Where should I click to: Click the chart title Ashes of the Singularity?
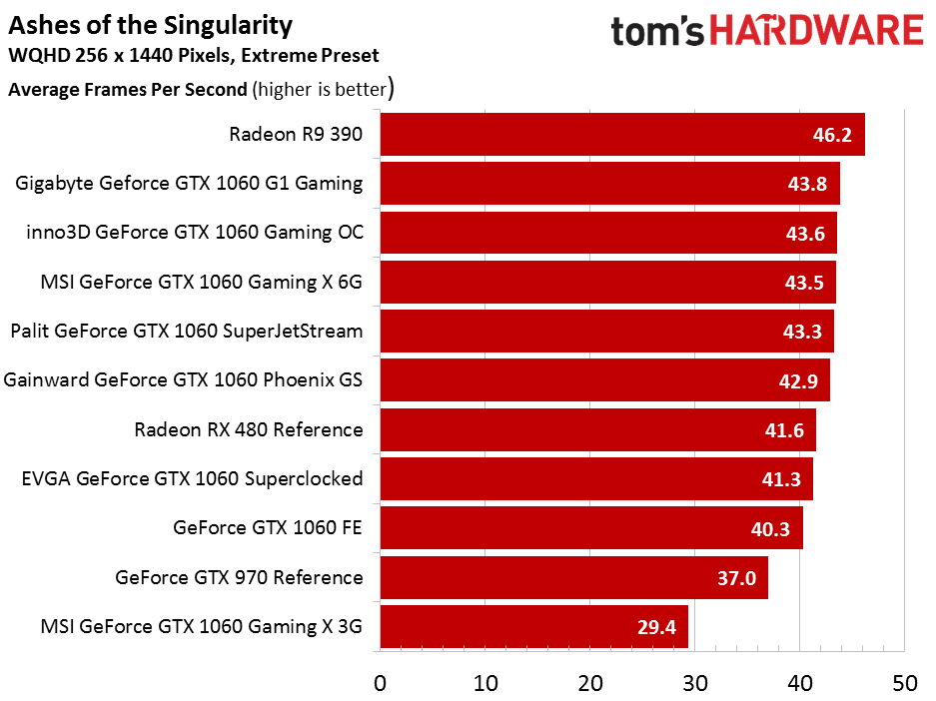coord(151,26)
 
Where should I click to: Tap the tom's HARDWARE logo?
coord(767,31)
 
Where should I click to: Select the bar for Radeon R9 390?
coord(622,134)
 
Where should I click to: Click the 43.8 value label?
coord(807,184)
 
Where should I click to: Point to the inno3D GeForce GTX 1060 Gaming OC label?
coord(195,232)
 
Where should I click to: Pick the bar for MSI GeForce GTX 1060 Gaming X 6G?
coord(607,283)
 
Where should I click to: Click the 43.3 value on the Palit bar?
coord(802,332)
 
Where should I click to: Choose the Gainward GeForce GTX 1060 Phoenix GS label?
coord(183,380)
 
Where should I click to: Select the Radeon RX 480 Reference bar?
coord(598,430)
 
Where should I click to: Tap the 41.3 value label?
coord(781,479)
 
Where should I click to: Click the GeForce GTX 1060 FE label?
coord(268,528)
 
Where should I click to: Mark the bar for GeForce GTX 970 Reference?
coord(574,577)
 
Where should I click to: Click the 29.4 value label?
coord(656,628)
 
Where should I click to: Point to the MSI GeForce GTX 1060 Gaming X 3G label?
coord(201,627)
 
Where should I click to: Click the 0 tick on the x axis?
coord(381,684)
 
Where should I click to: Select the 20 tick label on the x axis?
coord(590,684)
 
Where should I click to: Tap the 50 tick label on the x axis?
coord(905,684)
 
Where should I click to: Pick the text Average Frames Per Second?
coord(128,90)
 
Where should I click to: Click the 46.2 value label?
coord(832,135)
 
